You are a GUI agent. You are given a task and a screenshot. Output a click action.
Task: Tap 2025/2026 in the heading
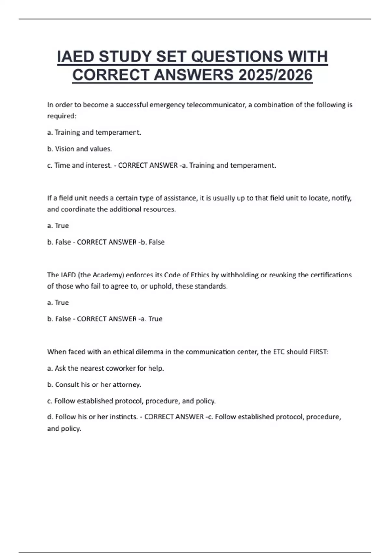pos(275,75)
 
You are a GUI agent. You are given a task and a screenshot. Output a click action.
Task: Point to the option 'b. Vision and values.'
pos(80,149)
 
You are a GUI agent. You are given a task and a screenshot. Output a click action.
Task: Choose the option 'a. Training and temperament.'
pos(94,132)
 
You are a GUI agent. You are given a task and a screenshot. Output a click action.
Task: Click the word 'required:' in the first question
pos(62,116)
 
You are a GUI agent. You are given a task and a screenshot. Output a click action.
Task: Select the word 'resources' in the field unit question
pos(160,209)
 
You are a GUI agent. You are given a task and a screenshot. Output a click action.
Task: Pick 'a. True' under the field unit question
pos(58,226)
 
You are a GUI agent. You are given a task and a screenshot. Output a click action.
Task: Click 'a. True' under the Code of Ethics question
pos(58,303)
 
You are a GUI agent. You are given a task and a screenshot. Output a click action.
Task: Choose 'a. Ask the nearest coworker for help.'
pos(106,368)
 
